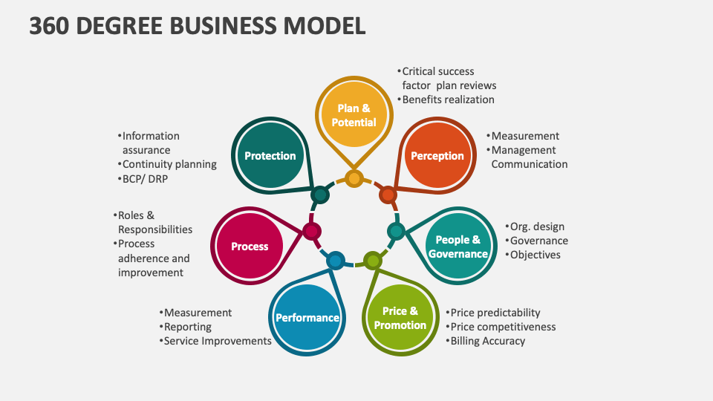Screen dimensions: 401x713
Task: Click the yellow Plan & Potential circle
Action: coord(354,115)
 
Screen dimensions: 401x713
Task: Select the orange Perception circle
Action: coord(437,156)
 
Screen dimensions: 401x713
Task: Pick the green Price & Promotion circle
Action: coord(400,318)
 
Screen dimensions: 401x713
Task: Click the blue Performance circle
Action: coord(307,318)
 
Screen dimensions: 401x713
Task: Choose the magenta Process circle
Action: coord(249,247)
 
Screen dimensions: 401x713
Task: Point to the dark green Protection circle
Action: coord(270,156)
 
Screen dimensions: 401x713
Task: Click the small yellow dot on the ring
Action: coord(354,178)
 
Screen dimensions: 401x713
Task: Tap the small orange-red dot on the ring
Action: coord(388,195)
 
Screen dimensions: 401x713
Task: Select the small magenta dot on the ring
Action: coord(312,231)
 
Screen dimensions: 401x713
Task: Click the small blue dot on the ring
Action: coord(336,260)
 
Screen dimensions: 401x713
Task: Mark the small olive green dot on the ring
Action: coord(373,261)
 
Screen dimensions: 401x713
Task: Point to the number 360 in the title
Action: coord(52,26)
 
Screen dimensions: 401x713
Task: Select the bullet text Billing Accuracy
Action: coord(487,341)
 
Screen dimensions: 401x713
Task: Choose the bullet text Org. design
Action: coord(537,226)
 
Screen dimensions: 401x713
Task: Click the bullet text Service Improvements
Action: coord(217,341)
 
